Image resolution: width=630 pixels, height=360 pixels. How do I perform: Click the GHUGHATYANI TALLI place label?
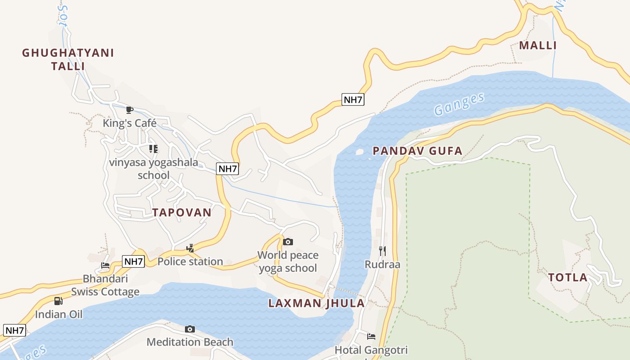coord(68,59)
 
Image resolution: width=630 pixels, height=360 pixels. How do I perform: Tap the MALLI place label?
coord(538,45)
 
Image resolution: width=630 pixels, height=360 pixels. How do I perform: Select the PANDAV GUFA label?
coord(418,151)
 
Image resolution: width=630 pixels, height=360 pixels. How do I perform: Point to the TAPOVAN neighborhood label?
coord(182,212)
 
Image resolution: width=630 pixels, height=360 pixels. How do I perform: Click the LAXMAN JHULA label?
coord(316,303)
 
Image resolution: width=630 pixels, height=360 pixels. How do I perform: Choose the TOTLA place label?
coord(568,277)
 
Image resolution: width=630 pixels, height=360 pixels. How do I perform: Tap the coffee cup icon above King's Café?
coord(130,110)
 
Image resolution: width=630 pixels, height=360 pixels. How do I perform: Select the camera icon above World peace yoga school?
coord(288,242)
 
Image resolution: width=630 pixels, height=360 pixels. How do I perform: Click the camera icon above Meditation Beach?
coord(190,329)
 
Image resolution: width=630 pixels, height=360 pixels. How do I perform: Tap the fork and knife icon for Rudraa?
coord(382,251)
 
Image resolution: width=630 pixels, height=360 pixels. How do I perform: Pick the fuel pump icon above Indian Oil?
coord(58,301)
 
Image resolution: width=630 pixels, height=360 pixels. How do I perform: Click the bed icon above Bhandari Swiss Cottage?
coord(105,265)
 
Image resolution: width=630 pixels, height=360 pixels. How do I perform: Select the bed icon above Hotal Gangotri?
coord(371,336)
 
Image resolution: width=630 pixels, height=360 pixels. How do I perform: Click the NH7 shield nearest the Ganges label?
coord(353,100)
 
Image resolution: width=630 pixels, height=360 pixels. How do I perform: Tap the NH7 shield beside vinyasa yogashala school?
coord(228,169)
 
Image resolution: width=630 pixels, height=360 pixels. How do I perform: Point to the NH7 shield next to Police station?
coord(134,261)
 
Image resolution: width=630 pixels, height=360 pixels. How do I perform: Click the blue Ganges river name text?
coord(459,104)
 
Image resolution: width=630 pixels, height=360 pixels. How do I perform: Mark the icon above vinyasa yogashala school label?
coord(153,148)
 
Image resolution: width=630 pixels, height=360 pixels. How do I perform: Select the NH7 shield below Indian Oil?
coord(14,330)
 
